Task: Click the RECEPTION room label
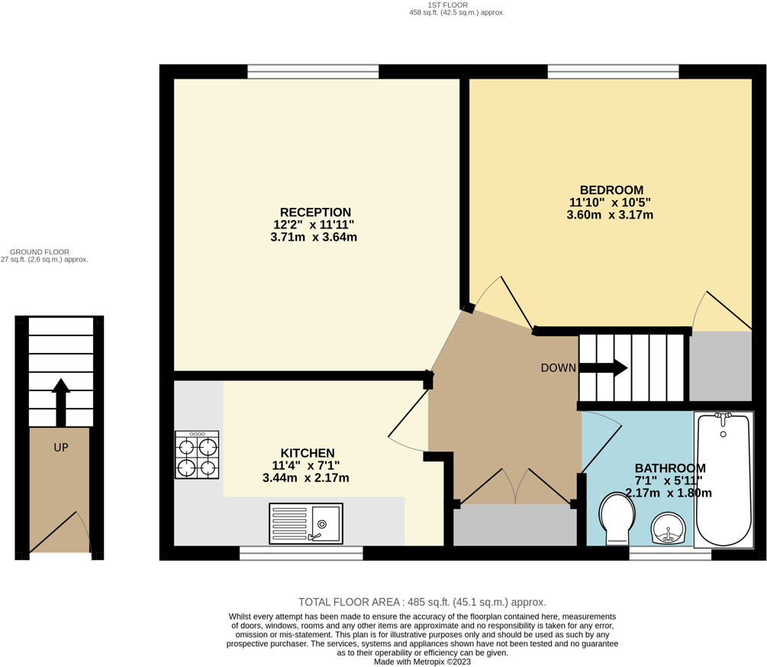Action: (x=314, y=212)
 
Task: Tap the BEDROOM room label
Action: (x=611, y=190)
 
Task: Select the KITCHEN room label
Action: (x=307, y=453)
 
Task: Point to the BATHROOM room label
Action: (x=669, y=468)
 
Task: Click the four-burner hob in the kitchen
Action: (x=197, y=455)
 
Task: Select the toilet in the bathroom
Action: (x=617, y=519)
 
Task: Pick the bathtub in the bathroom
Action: (x=723, y=479)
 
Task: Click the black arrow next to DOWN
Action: (x=603, y=368)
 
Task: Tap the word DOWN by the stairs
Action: (x=558, y=368)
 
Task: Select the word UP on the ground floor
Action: (x=60, y=448)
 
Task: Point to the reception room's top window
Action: (x=313, y=72)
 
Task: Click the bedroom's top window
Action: (x=613, y=72)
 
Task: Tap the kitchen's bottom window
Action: (x=301, y=553)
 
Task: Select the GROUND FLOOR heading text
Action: (x=39, y=251)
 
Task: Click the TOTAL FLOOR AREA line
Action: (x=422, y=602)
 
